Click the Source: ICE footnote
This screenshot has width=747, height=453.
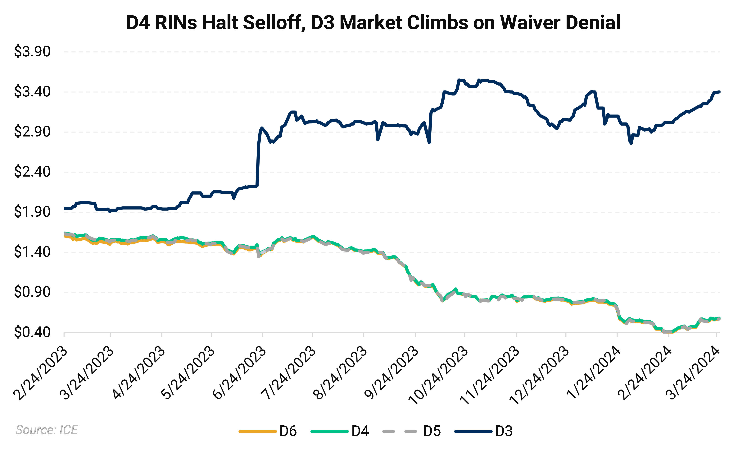point(47,430)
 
